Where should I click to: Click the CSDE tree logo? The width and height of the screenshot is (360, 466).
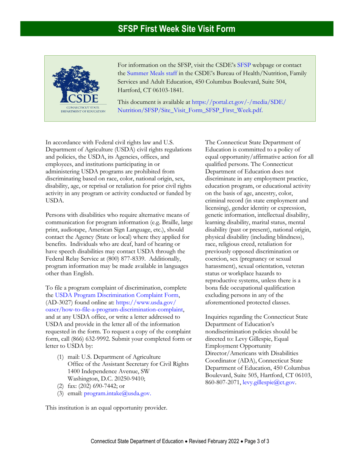77,84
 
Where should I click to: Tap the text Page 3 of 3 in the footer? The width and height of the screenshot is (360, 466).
258,441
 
